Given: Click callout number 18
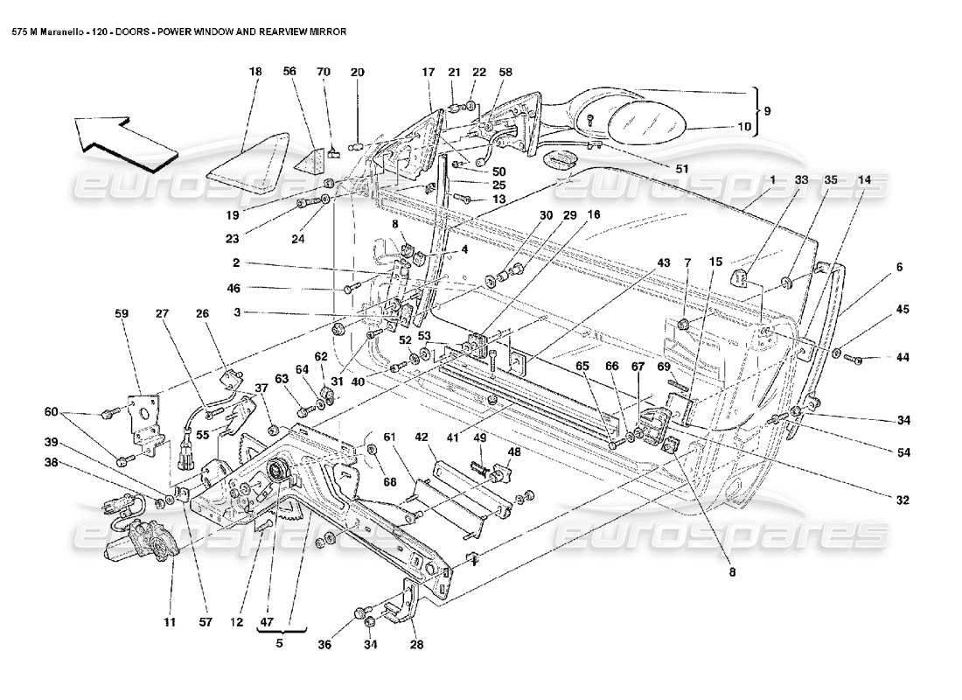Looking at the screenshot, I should pyautogui.click(x=255, y=73).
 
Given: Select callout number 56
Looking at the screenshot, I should pyautogui.click(x=290, y=73).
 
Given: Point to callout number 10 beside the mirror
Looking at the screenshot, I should pyautogui.click(x=744, y=127).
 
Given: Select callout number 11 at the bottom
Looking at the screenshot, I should pyautogui.click(x=170, y=622).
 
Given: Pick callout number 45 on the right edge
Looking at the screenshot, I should pyautogui.click(x=902, y=309).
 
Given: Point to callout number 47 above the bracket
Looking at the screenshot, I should pyautogui.click(x=268, y=622).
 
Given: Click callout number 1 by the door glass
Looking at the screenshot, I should pyautogui.click(x=773, y=179).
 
